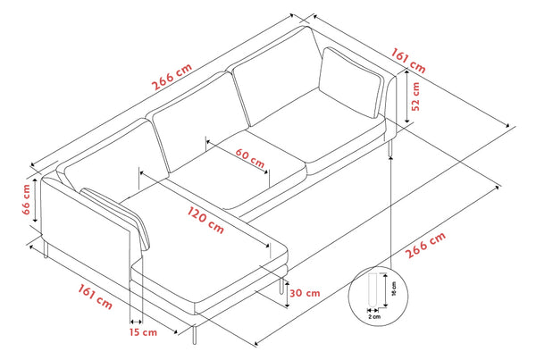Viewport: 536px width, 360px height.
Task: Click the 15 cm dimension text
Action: (142, 332)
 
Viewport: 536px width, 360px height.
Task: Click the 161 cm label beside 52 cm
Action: (407, 61)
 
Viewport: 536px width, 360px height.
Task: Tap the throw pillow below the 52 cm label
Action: (351, 83)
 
